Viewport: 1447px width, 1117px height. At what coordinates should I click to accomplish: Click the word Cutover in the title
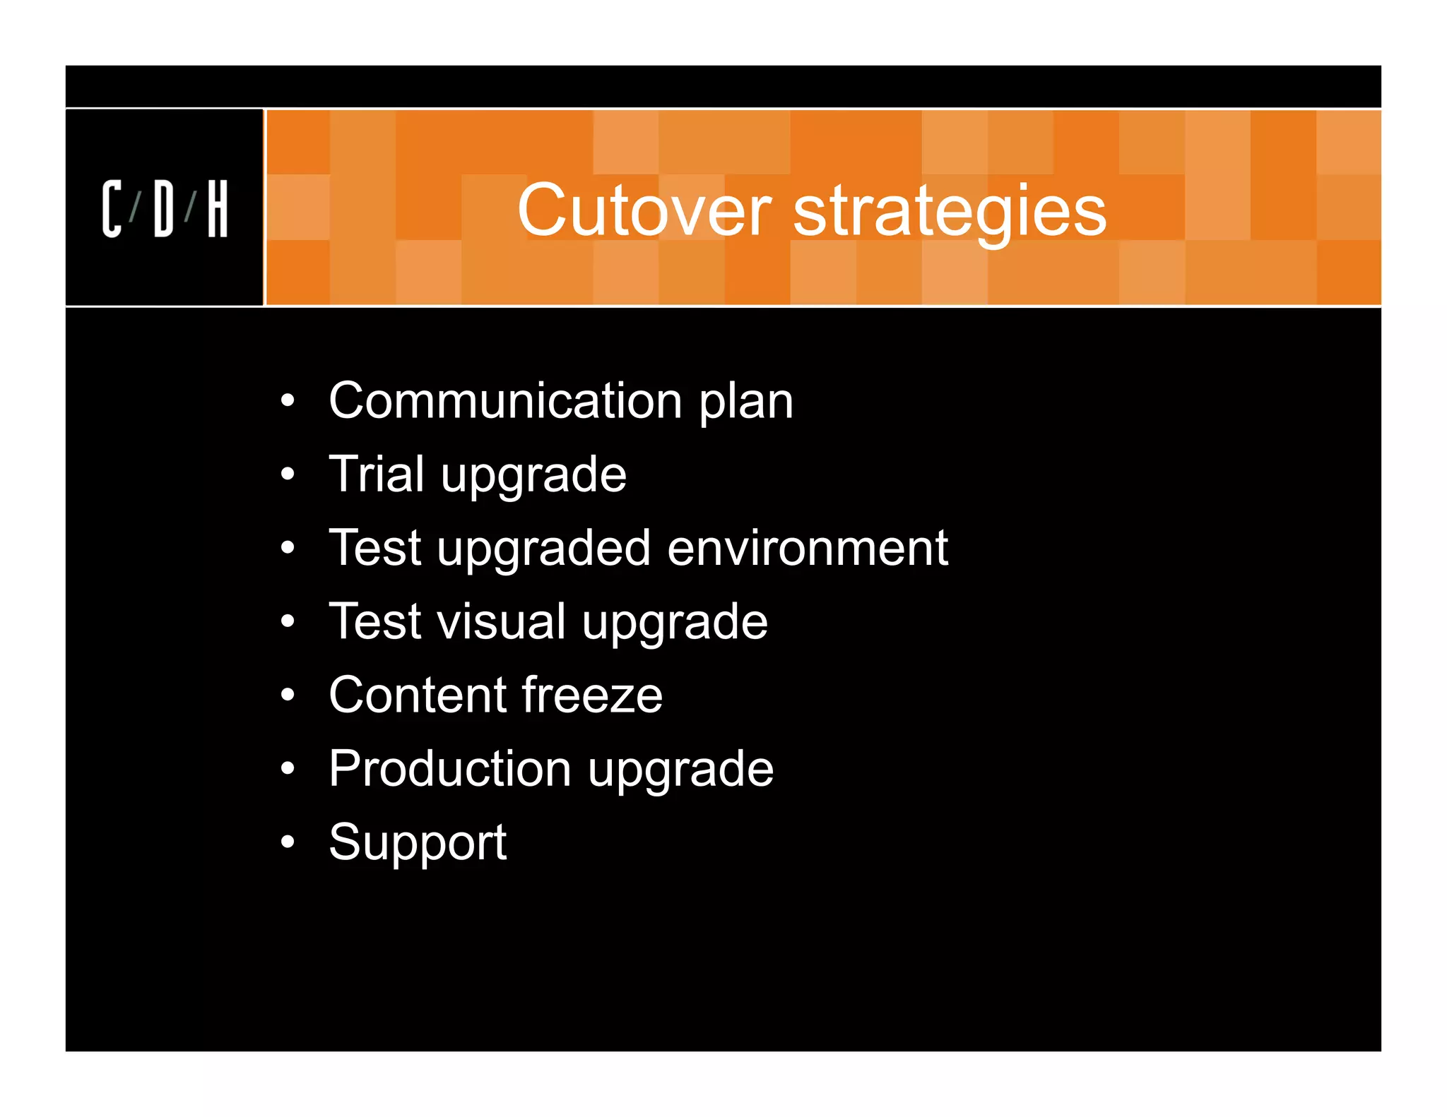pos(644,210)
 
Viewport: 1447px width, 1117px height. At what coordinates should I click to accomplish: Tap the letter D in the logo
pos(163,208)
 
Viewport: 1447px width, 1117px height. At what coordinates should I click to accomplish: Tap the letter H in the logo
pos(218,208)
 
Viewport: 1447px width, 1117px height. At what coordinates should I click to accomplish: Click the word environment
pos(807,548)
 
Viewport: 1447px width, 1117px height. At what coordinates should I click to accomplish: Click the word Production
pos(450,768)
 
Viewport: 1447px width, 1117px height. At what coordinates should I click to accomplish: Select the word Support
pos(418,843)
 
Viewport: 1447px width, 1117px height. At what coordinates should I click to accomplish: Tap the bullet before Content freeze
pos(287,695)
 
